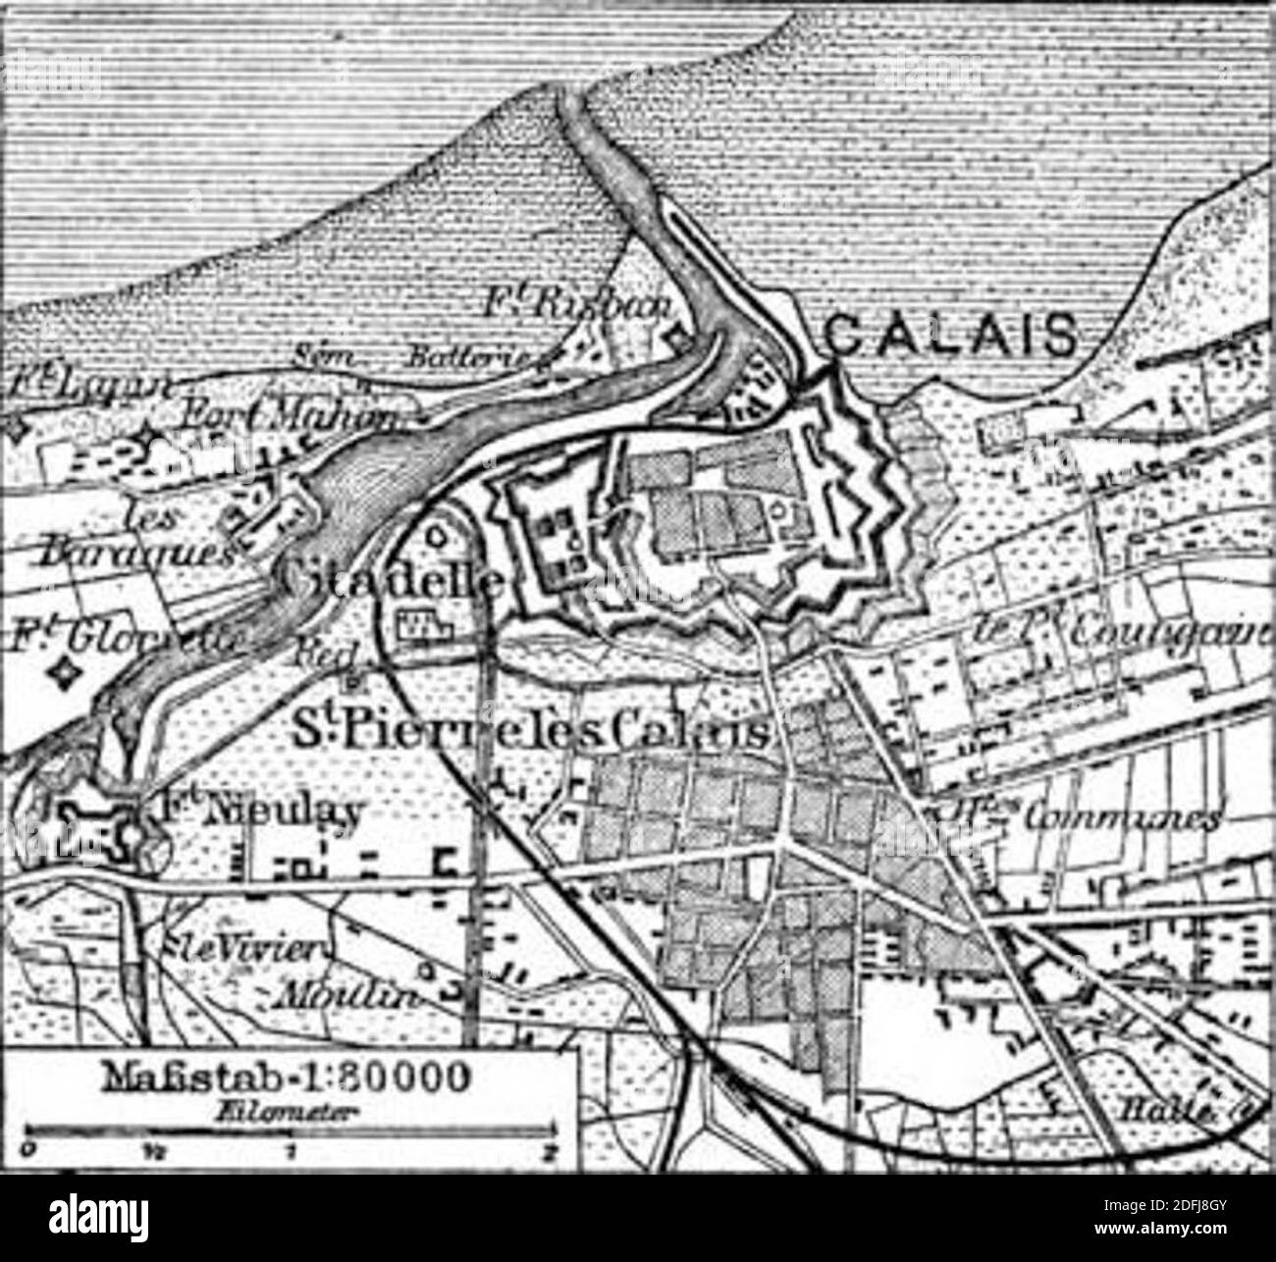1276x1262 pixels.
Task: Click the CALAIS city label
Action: point(948,337)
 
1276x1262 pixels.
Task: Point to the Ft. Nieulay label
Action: point(258,811)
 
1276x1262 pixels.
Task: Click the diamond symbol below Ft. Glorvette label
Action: point(66,674)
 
